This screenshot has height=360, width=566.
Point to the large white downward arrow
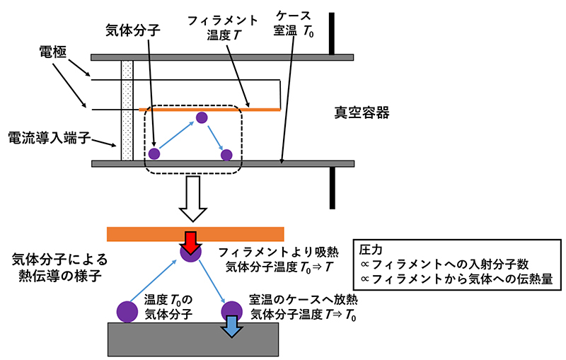pos(192,201)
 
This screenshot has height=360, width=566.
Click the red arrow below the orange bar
pos(190,238)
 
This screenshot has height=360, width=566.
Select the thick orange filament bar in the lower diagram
pos(195,234)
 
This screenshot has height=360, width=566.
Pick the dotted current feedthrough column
pos(127,110)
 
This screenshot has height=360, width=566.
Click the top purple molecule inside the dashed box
pos(202,117)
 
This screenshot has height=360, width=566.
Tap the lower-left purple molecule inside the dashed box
pos(154,153)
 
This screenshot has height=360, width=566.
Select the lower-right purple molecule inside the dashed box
pos(226,153)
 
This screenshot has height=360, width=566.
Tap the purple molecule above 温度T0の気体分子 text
pos(127,311)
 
